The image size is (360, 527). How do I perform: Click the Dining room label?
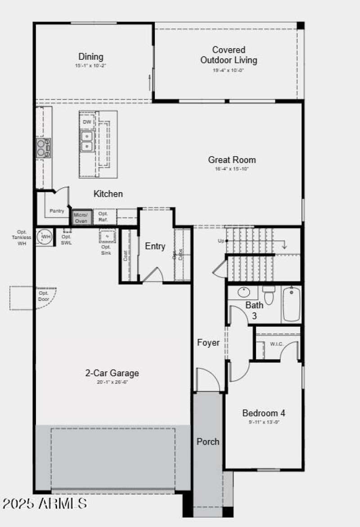(x=91, y=57)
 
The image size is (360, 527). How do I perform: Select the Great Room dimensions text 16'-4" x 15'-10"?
(x=232, y=169)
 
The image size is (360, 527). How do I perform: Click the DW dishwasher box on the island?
(x=87, y=122)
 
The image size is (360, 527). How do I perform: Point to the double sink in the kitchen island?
(x=87, y=141)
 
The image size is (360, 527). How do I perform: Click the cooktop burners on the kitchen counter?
(x=44, y=148)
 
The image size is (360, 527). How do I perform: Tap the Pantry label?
(x=57, y=211)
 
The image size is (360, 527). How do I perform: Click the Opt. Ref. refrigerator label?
(x=103, y=216)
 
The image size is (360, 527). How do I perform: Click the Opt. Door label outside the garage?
(x=43, y=296)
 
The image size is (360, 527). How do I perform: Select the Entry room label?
(x=155, y=246)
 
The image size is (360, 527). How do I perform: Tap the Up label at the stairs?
(x=221, y=241)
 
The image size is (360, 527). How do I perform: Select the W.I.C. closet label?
(x=277, y=344)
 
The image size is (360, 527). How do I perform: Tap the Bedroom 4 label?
(x=263, y=413)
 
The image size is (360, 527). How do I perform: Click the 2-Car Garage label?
(x=112, y=373)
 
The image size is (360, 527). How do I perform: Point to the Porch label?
(x=208, y=441)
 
